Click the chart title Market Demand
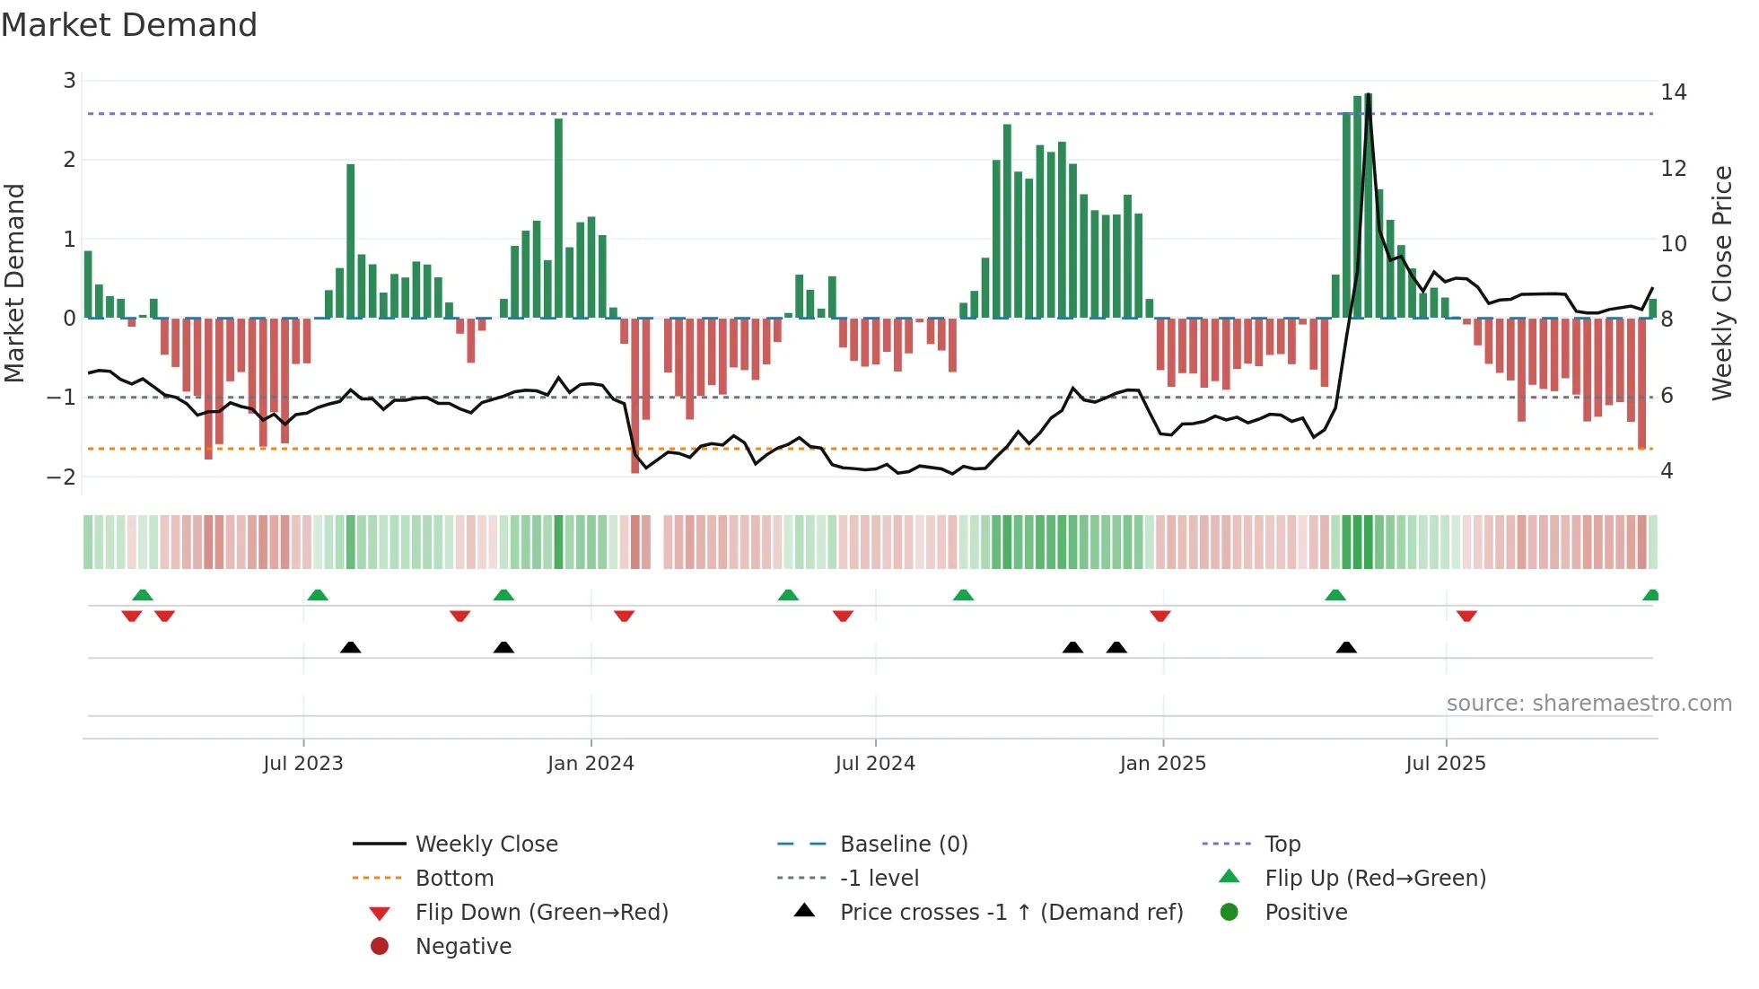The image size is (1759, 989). coord(129,25)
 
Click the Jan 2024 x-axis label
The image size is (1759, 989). coord(591,764)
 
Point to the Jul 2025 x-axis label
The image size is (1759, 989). coord(1446,764)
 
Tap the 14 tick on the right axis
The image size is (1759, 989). coord(1673,92)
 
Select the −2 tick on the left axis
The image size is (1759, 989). coord(62,477)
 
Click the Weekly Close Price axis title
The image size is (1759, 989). coord(1721,283)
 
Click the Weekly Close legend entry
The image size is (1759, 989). coord(486,845)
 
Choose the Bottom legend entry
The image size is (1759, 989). coord(454,879)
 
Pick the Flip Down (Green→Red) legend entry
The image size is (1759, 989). coord(541,913)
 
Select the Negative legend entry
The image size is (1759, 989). coord(463,947)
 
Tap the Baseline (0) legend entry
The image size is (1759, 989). coord(903,845)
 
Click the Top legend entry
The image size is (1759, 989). coord(1282,845)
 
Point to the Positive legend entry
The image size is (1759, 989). coord(1306,913)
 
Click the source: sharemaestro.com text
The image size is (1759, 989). coord(1588,704)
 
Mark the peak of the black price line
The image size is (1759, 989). coord(1369,95)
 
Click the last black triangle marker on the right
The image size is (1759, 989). coord(1346,647)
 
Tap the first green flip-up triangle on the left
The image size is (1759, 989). coord(143,595)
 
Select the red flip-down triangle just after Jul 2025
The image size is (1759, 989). coord(1466,616)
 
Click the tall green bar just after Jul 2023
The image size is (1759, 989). coord(351,241)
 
